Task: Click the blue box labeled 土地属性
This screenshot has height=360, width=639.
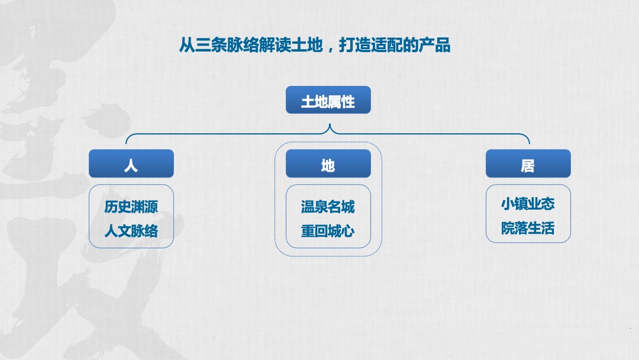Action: (328, 101)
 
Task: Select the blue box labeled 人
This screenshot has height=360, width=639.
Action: (131, 164)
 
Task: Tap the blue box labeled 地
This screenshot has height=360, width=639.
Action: (328, 164)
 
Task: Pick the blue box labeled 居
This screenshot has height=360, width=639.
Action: (528, 164)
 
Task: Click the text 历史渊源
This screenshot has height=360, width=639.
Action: (131, 207)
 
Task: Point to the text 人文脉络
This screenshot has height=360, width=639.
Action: (131, 230)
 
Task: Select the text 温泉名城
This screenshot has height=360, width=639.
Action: (328, 207)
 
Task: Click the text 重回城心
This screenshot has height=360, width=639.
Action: (328, 230)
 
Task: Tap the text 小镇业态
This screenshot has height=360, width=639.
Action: (528, 204)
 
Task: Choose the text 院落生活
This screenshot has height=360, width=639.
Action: (528, 228)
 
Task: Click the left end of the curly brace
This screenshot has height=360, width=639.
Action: (127, 142)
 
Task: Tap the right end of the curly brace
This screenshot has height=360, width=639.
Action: (529, 142)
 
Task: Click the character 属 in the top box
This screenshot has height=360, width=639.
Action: (335, 101)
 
